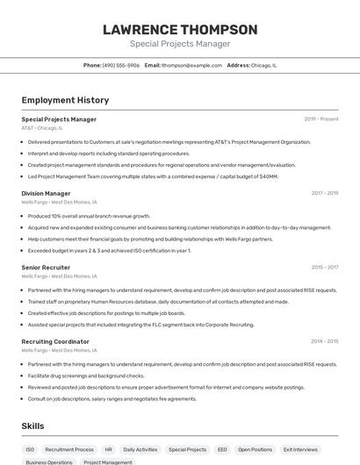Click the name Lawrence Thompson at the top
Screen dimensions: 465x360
pyautogui.click(x=180, y=30)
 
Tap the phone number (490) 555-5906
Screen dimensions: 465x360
pyautogui.click(x=121, y=65)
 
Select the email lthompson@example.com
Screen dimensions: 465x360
pyautogui.click(x=191, y=65)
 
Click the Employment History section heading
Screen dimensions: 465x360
pyautogui.click(x=65, y=100)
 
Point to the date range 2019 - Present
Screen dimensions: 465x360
pyautogui.click(x=321, y=119)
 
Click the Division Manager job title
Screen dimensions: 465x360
pyautogui.click(x=46, y=193)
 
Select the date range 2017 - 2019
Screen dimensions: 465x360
pyautogui.click(x=324, y=193)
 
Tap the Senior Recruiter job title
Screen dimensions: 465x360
pyautogui.click(x=46, y=267)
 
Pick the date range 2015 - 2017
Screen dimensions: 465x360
pyautogui.click(x=324, y=267)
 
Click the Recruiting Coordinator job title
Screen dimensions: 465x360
pyautogui.click(x=55, y=341)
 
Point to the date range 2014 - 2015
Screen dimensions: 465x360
pyautogui.click(x=324, y=341)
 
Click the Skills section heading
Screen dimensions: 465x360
pyautogui.click(x=33, y=426)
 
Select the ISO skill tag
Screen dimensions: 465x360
pyautogui.click(x=30, y=449)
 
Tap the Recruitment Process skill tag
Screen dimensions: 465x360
pyautogui.click(x=69, y=449)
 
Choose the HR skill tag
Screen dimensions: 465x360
pyautogui.click(x=109, y=449)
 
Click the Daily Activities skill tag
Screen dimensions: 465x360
pyautogui.click(x=140, y=449)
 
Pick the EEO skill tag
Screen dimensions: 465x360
pyautogui.click(x=222, y=449)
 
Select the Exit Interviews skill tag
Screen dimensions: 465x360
pyautogui.click(x=300, y=449)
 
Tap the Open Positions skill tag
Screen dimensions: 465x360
pyautogui.click(x=256, y=449)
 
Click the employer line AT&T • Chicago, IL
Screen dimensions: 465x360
pyautogui.click(x=42, y=128)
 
